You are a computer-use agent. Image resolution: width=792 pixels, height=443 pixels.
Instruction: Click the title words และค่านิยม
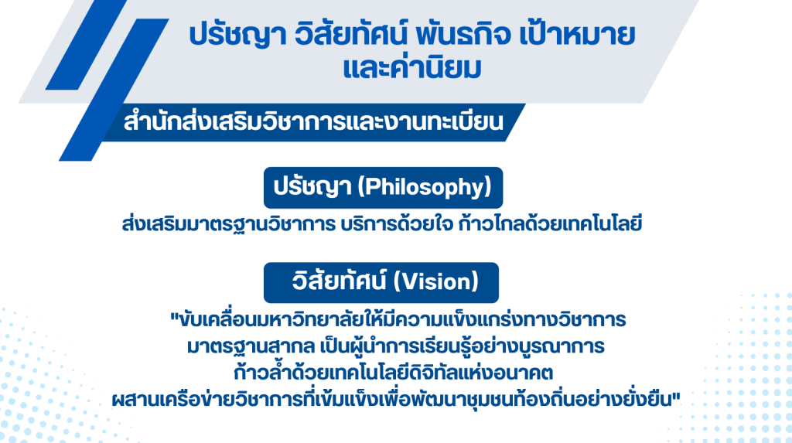click(x=411, y=68)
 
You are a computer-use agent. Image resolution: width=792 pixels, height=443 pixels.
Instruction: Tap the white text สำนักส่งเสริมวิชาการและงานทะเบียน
click(x=313, y=122)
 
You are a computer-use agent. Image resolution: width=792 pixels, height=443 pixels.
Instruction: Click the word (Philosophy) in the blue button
click(x=425, y=188)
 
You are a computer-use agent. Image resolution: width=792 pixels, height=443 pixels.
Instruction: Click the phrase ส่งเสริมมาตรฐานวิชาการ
click(x=229, y=224)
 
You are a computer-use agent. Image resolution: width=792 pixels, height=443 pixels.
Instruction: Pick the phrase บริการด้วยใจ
click(x=397, y=223)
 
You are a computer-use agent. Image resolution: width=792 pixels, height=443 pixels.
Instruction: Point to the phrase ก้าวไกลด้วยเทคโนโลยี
click(x=550, y=223)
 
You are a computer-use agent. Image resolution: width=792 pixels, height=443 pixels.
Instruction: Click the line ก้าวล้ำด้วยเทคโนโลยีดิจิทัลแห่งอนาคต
click(x=394, y=373)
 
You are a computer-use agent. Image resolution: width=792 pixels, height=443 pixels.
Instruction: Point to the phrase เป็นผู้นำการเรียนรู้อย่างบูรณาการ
click(x=463, y=346)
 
